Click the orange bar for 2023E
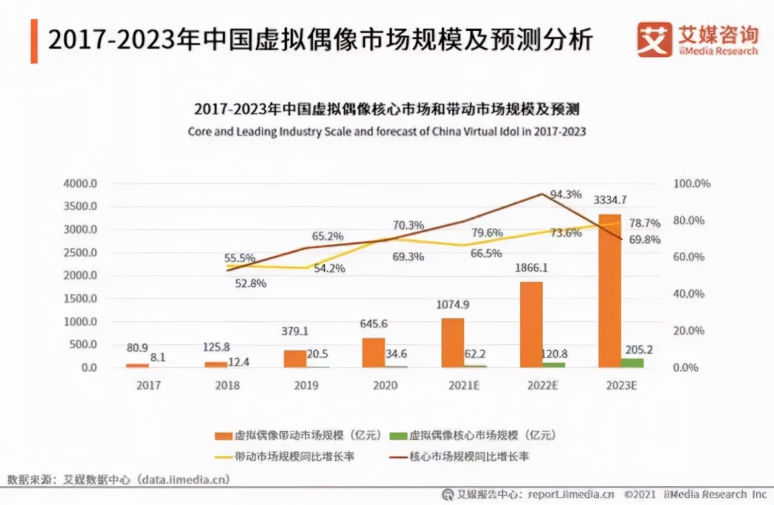coord(610,290)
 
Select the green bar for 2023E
coord(632,362)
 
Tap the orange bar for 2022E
coord(531,324)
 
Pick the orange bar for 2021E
coord(452,342)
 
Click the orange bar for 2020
coord(373,352)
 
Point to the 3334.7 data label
coord(610,200)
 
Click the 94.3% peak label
coord(566,195)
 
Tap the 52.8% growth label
coord(251,283)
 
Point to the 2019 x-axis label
coord(306,385)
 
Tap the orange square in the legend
coord(224,436)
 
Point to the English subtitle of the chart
coord(386,131)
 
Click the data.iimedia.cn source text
coord(184,480)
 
